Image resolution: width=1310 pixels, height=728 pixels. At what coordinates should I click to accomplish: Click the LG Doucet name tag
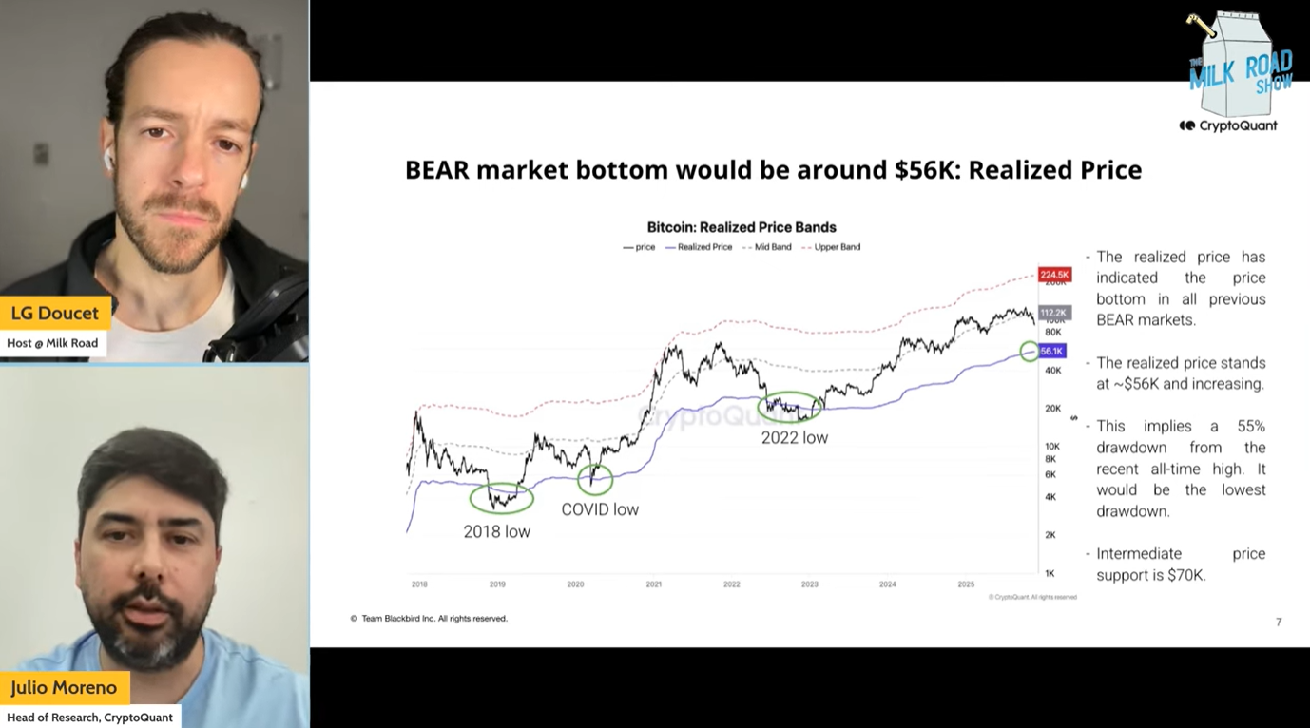(x=55, y=313)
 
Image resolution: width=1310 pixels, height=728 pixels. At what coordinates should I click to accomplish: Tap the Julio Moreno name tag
(x=64, y=687)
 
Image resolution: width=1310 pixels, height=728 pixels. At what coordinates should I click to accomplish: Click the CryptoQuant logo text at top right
(x=1228, y=125)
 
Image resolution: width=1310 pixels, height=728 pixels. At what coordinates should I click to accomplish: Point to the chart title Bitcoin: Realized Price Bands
(x=742, y=227)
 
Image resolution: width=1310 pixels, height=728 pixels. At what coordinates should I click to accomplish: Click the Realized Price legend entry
(x=704, y=247)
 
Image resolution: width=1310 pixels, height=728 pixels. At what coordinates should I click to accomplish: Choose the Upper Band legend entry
(x=837, y=247)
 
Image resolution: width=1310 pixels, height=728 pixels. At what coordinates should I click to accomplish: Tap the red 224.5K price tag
(x=1054, y=275)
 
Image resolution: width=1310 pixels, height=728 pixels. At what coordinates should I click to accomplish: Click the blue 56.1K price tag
(x=1051, y=351)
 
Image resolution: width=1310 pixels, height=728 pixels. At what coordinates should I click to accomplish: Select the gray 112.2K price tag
(x=1054, y=313)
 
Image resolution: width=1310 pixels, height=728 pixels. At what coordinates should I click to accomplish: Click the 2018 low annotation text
(x=496, y=532)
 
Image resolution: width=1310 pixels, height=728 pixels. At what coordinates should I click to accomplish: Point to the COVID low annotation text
(x=600, y=509)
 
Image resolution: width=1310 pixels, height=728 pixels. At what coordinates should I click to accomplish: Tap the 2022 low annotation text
(x=794, y=438)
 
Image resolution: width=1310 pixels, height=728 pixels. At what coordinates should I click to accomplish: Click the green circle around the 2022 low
(x=789, y=407)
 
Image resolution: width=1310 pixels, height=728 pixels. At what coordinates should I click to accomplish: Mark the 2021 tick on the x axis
(x=653, y=584)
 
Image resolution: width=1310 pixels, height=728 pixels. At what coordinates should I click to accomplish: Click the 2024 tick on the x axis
(x=887, y=584)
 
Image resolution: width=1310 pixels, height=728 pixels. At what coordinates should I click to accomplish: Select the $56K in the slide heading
(x=926, y=170)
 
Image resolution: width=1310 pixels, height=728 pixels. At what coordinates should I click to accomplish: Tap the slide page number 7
(x=1279, y=623)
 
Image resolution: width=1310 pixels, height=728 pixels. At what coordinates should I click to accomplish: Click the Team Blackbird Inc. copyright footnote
(x=429, y=619)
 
